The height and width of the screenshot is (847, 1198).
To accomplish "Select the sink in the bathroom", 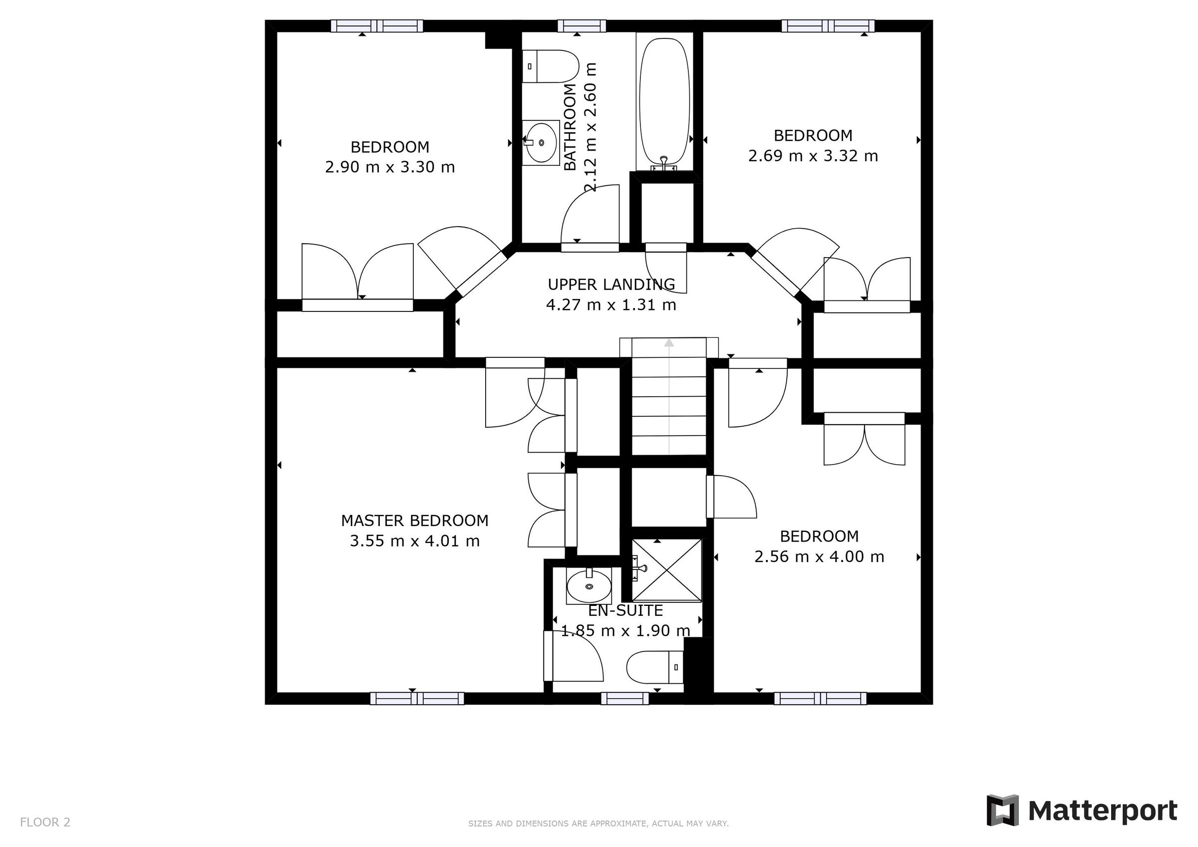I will [541, 142].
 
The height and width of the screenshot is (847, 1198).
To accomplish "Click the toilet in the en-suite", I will [655, 667].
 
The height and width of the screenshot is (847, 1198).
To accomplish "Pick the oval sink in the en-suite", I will [589, 586].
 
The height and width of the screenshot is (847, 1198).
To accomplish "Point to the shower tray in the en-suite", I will [667, 571].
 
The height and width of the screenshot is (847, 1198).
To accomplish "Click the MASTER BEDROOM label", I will [415, 521].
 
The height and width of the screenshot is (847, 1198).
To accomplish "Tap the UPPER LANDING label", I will [611, 284].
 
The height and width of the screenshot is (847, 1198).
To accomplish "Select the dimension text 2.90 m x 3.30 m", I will [390, 168].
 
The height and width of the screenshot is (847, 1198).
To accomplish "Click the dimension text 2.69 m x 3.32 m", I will [813, 156].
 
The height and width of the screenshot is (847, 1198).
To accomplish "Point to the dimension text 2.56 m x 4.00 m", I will [819, 557].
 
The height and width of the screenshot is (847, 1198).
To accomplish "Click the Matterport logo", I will [1082, 811].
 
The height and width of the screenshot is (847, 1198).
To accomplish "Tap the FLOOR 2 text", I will [45, 823].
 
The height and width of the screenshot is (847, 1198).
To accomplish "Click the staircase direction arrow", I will [668, 343].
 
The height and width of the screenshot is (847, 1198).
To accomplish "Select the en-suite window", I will [624, 698].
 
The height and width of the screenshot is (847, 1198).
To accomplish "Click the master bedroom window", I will [417, 698].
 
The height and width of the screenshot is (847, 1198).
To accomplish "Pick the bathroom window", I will [581, 25].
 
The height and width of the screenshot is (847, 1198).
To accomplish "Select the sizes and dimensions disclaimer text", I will [598, 824].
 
